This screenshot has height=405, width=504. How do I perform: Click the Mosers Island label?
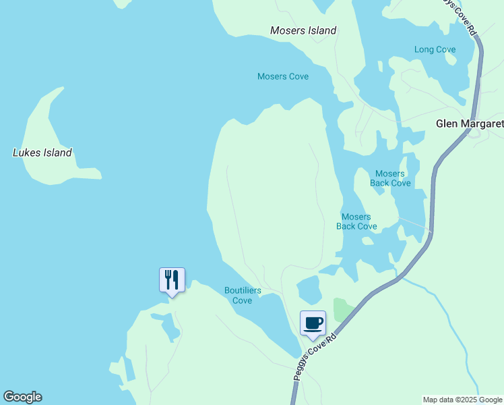point(303,30)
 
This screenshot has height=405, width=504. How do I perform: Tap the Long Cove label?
point(435,49)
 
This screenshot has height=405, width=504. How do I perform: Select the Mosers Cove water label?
point(283,76)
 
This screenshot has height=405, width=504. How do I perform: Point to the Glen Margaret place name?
point(469,124)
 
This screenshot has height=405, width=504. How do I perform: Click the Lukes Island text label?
point(42,153)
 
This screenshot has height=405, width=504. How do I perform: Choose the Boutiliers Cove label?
point(243,296)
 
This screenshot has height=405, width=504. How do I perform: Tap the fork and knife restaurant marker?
point(172,279)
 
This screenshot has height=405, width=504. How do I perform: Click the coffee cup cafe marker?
point(313,323)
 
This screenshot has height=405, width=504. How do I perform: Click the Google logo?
point(22,397)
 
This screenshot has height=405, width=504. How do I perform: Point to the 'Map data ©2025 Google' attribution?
point(462,400)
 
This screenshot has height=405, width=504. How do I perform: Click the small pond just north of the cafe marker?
point(309,290)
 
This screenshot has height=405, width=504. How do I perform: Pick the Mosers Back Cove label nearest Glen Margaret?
point(390,178)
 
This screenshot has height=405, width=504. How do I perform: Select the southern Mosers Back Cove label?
point(356,221)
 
